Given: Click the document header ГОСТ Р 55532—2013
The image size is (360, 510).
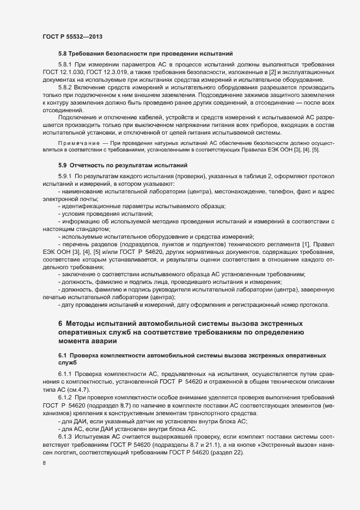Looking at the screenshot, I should pos(73,37).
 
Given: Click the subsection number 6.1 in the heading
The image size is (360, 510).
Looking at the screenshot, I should pos(63,355).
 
